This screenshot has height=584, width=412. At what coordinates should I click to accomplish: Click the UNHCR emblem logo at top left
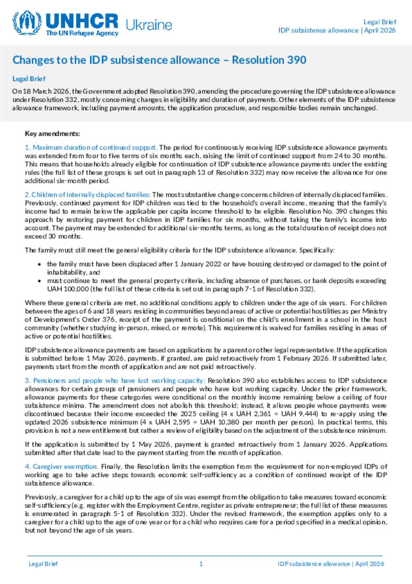coord(27,23)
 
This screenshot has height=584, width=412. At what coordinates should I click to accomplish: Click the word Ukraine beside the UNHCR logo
coord(148,25)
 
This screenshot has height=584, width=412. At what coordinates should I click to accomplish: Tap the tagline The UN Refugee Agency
coord(82,33)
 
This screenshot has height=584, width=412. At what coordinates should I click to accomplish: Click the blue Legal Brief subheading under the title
coord(29,79)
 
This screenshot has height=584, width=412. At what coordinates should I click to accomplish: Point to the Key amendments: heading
coord(52,133)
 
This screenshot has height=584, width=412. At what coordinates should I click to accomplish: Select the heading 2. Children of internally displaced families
coord(88,195)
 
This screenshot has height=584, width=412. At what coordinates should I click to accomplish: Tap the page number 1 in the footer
coord(201,564)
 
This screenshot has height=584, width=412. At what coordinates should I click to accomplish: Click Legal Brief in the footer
coord(43,564)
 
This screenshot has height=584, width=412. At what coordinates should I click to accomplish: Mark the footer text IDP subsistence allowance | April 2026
coord(331,564)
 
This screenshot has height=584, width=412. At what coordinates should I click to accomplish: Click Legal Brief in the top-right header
coord(379,22)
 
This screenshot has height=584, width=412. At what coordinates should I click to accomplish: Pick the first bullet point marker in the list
coord(39,264)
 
